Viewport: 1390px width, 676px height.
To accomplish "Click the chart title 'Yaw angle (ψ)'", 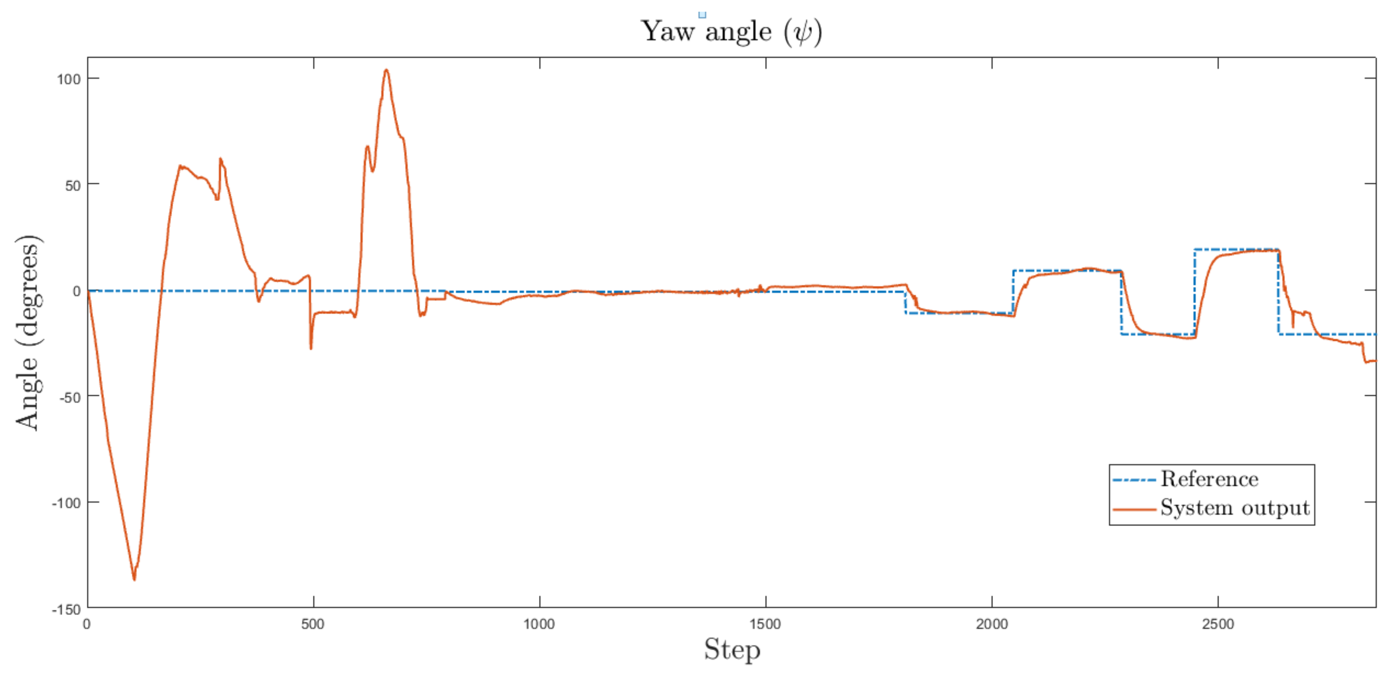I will point(731,31).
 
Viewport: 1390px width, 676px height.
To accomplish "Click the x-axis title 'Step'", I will point(732,650).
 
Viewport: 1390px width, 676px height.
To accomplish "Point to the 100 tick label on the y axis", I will point(68,79).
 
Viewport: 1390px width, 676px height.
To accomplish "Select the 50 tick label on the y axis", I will point(72,185).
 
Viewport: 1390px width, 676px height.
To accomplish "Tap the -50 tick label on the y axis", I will point(69,398).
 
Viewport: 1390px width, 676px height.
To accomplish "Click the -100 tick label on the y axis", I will point(66,503).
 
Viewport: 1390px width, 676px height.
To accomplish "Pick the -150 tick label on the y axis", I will point(66,609).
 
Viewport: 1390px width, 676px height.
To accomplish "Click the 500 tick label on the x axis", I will point(313,625).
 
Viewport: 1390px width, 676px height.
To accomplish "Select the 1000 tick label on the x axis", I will point(539,625).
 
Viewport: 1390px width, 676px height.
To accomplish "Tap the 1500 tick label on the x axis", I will point(765,625).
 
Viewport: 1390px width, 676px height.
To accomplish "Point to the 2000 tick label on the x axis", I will point(992,625).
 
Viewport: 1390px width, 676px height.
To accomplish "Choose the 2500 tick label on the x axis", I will point(1218,625).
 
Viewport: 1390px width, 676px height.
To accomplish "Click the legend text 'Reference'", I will point(1209,479).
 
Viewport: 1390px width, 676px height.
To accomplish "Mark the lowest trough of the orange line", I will point(134,579).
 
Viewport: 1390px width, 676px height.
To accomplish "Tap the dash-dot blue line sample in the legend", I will point(1134,480).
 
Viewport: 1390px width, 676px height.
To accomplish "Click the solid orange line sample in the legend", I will point(1134,509).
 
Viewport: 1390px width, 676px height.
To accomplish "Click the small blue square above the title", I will point(702,15).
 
